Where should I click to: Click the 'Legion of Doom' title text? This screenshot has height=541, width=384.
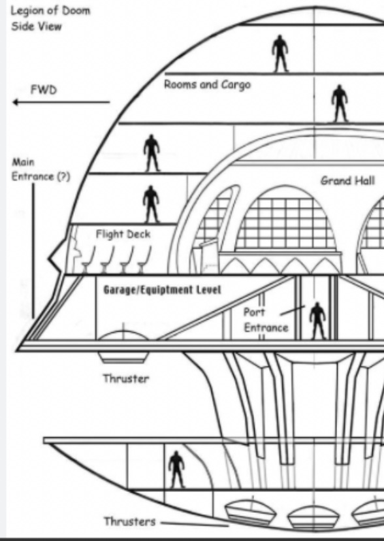coord(50,10)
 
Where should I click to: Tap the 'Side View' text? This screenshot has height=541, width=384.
coord(36,26)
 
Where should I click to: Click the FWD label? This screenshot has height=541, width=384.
coord(44,90)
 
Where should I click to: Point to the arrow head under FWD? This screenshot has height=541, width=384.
coord(16,102)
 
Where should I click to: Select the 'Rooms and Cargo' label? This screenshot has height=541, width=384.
coord(207,84)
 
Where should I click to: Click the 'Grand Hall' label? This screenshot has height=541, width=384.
coord(347,180)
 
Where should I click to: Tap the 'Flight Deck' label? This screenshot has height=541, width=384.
coord(123,235)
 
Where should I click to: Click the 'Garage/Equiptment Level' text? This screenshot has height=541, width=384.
coord(162,289)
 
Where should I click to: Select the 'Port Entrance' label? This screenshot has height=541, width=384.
coord(266,320)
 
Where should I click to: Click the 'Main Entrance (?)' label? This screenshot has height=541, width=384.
coord(40,169)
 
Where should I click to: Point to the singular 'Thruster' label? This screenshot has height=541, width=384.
coord(126,378)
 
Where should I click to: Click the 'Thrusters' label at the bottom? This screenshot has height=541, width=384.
coord(129,521)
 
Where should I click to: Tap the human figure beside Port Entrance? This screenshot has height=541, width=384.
coord(317,321)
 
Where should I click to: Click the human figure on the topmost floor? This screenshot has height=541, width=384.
coord(280,54)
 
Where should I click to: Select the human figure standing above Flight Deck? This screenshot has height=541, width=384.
coord(151,205)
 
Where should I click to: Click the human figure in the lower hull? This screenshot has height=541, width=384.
coord(176,470)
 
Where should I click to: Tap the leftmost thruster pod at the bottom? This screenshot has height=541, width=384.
coord(250,512)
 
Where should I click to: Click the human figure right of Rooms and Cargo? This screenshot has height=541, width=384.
coord(340,103)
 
